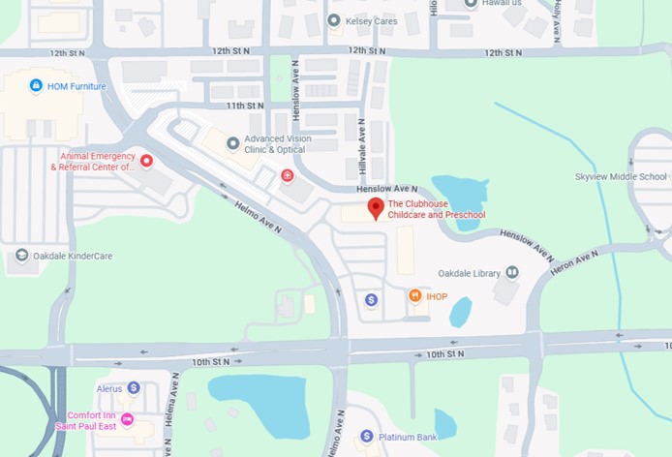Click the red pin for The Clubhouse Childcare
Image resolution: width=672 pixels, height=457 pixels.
point(375,207)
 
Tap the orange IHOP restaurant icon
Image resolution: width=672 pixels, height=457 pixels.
point(414,295)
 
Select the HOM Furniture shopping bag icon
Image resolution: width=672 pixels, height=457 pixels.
point(37,86)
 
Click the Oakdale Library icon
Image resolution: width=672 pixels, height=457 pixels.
point(511,273)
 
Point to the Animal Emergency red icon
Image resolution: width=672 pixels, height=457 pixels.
point(146,161)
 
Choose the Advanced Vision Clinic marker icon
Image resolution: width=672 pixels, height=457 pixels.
point(232,143)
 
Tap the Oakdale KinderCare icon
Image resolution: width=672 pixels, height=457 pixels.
point(21,256)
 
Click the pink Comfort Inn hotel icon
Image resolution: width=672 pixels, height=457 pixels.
point(127,419)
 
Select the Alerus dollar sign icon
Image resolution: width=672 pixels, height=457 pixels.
point(134,387)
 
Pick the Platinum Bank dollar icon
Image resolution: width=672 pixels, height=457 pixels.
point(367,437)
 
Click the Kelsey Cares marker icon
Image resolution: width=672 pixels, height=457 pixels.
point(334,20)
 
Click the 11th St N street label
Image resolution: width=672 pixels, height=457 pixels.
point(245,105)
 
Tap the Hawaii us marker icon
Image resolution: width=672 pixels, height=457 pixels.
point(470,3)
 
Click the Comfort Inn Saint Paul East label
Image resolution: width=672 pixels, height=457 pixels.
point(94,420)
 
